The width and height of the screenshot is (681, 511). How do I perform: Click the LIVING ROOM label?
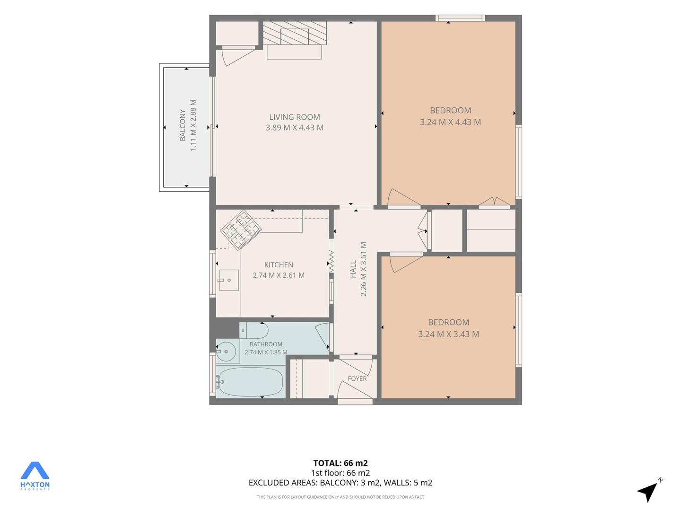point(294,117)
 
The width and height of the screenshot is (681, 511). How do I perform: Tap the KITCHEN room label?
point(278,264)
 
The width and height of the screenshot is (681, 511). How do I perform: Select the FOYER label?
point(357,379)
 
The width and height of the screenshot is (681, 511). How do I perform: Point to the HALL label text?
point(353,269)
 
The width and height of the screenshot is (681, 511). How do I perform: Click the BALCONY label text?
point(183,125)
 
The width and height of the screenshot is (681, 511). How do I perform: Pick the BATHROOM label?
point(266,344)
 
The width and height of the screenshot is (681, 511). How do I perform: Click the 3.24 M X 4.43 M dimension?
point(450,122)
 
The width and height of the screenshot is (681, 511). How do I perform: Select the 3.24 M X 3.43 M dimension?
point(448,334)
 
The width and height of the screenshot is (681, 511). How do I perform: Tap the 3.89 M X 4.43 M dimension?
point(294,128)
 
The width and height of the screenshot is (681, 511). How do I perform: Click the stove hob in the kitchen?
point(241,230)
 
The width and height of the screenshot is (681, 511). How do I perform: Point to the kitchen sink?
point(229,280)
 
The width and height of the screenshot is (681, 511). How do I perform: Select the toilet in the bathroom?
point(254,330)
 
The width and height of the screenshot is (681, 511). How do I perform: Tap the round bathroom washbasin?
point(226,352)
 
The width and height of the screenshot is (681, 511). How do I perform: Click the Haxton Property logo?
point(35,476)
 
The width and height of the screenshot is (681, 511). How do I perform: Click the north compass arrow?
point(648,492)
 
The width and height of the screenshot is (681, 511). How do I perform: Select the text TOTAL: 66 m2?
point(340,463)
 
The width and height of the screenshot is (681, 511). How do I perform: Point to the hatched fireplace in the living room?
point(295,33)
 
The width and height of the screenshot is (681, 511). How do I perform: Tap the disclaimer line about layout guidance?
point(340,497)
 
